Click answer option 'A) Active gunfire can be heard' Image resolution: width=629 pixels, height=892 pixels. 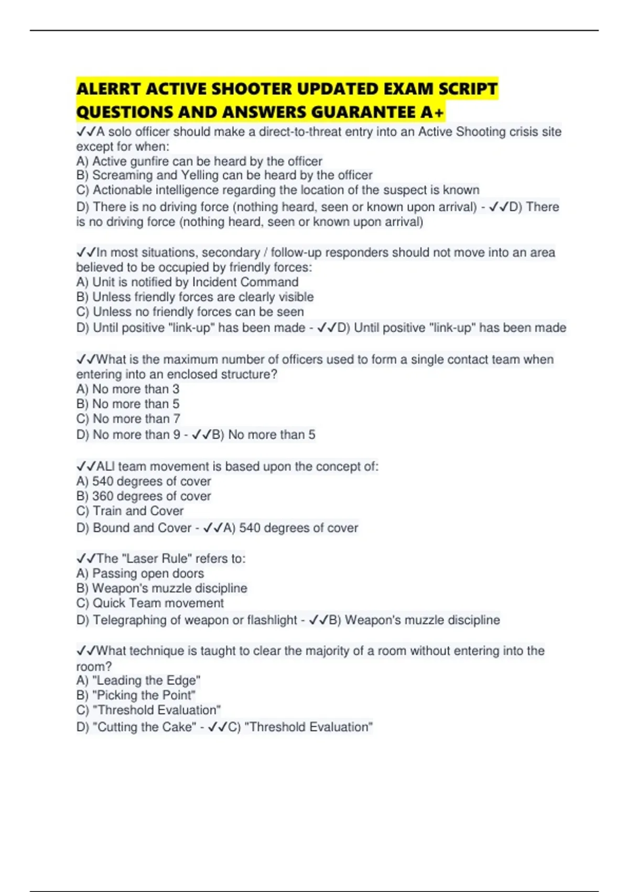[199, 161]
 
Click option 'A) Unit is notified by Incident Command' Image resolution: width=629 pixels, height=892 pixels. [187, 282]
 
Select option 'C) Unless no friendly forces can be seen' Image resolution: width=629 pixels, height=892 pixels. [190, 312]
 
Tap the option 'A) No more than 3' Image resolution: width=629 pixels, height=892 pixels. [128, 389]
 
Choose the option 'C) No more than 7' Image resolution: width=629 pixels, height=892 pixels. [128, 419]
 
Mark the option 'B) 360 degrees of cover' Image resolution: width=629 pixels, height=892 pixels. [144, 496]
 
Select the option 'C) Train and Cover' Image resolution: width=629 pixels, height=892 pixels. [130, 511]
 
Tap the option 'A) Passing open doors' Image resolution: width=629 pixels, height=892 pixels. [140, 574]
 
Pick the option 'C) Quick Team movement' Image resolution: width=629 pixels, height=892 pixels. [150, 603]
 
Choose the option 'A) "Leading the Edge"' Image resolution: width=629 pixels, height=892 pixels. [138, 681]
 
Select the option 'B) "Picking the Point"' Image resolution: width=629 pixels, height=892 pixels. [136, 695]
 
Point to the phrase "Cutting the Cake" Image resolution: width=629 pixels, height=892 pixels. [144, 727]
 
